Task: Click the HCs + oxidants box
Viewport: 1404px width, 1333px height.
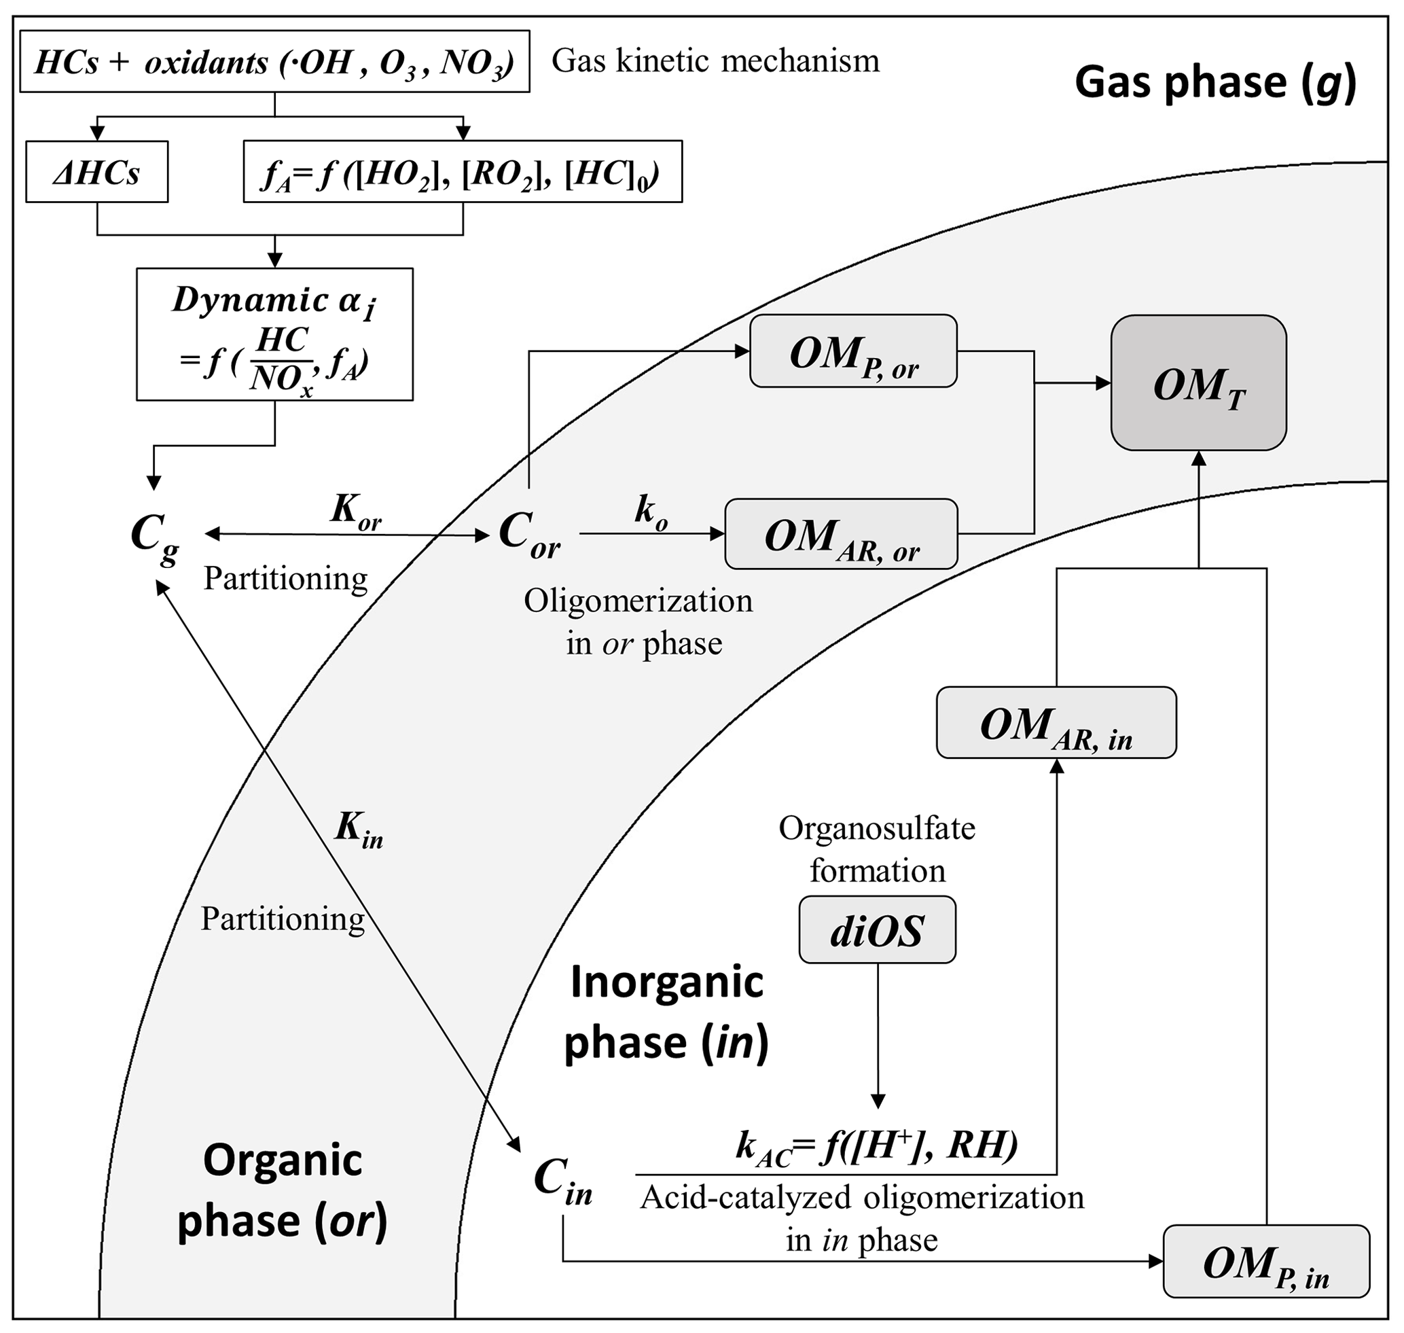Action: click(274, 62)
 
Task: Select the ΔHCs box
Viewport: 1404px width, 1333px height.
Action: click(96, 172)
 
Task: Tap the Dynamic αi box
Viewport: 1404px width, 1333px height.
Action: click(274, 334)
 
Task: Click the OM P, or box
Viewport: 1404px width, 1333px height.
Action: click(852, 352)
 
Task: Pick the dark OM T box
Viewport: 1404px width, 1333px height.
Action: click(1198, 384)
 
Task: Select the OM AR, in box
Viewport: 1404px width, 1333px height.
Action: click(1056, 724)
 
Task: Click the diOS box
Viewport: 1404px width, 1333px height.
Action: click(877, 930)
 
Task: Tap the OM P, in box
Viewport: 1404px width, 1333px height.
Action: click(1265, 1262)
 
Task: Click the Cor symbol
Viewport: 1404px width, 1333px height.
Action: click(529, 534)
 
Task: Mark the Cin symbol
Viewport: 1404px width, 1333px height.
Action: click(562, 1181)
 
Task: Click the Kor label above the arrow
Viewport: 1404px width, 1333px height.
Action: click(355, 511)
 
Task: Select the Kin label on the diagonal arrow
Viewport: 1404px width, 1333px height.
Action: click(359, 829)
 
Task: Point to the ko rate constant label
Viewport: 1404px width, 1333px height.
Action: click(650, 511)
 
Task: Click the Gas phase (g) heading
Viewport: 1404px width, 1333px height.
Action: click(1215, 82)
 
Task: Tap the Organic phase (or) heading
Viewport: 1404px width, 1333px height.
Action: click(282, 1190)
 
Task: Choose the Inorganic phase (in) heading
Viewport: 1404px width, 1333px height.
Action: click(666, 1012)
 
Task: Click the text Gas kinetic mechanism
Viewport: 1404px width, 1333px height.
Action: click(715, 61)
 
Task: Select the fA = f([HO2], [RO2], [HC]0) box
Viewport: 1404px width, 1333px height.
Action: click(463, 172)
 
